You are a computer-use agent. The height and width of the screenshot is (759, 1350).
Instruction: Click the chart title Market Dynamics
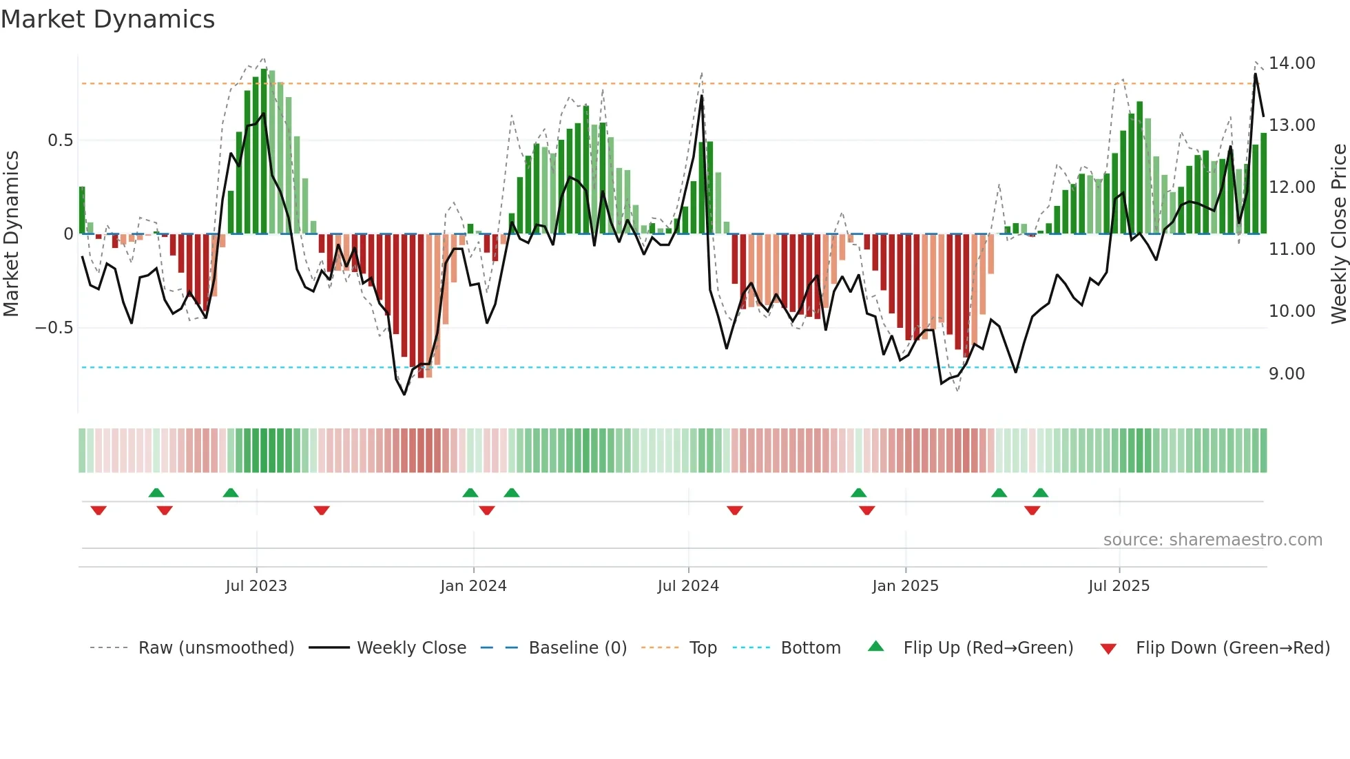(108, 19)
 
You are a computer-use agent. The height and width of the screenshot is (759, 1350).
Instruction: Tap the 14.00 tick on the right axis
(1291, 63)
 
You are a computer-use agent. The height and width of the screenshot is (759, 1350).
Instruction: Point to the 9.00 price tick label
(1287, 374)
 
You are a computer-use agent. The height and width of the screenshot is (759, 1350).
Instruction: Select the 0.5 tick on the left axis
(60, 141)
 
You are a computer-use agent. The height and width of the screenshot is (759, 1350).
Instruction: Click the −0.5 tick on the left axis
(54, 328)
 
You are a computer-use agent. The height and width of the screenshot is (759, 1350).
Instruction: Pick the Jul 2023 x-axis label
(256, 586)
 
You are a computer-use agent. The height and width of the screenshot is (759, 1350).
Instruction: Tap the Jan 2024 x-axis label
(473, 586)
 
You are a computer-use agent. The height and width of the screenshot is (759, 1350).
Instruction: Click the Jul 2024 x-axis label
(688, 586)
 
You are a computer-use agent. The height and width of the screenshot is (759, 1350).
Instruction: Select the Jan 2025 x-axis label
(905, 586)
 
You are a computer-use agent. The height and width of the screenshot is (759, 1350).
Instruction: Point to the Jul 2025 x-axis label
(1119, 586)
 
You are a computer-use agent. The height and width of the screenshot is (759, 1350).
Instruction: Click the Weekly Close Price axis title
(1338, 233)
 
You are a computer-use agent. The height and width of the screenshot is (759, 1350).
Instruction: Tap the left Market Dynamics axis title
(11, 233)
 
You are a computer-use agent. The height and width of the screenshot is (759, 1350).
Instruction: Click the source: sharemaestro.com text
(1212, 540)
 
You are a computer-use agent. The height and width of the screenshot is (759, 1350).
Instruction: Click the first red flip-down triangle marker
(98, 510)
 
